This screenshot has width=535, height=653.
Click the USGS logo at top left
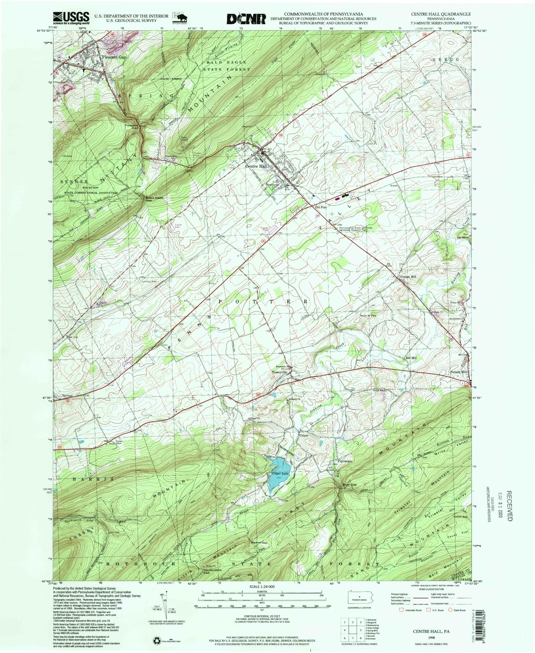click(x=71, y=18)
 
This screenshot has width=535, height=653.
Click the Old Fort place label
click(x=320, y=208)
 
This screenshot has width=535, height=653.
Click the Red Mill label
click(x=411, y=358)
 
